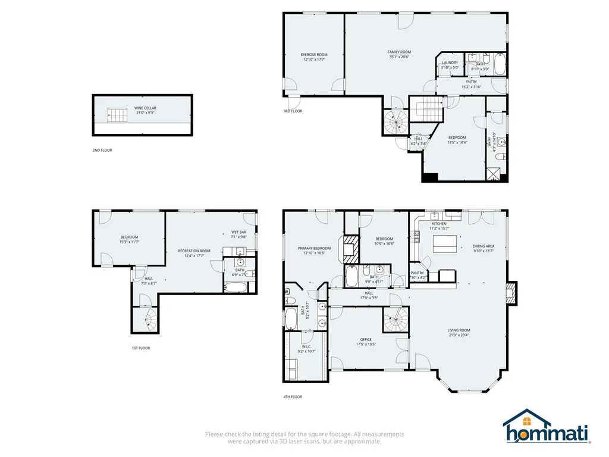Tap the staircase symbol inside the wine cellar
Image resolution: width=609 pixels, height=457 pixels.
tap(117, 115)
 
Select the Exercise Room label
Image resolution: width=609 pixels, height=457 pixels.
tap(314, 55)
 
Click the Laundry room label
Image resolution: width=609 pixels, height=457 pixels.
tap(450, 62)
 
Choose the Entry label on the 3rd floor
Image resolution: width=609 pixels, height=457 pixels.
tap(471, 82)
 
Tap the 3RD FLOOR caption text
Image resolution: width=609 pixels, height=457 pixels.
tap(293, 111)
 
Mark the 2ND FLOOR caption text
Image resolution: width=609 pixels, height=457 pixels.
tap(102, 150)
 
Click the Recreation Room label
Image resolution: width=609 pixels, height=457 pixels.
tap(194, 251)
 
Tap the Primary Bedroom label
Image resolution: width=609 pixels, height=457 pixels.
tap(314, 248)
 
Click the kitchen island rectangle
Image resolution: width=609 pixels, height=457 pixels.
tap(444, 243)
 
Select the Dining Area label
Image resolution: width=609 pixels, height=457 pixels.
tap(483, 246)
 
